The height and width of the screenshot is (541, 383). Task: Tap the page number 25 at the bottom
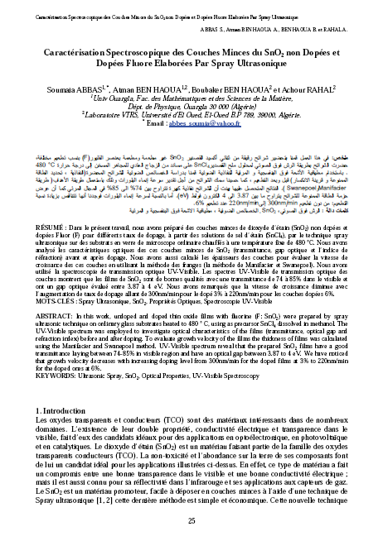tap(191, 520)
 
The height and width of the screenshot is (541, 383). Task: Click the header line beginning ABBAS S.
tap(293, 28)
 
